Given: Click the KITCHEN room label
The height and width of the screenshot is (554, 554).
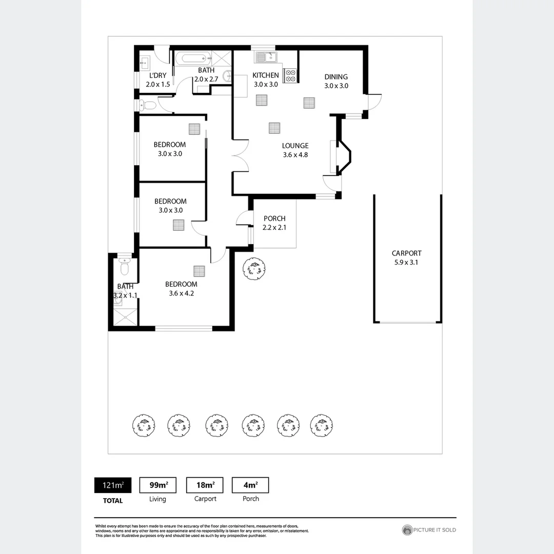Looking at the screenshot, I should point(265,75).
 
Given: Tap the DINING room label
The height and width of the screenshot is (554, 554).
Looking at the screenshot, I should point(336,77).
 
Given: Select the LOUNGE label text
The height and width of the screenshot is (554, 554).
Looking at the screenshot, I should point(295,146).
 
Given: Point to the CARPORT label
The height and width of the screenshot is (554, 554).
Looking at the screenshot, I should point(406,253).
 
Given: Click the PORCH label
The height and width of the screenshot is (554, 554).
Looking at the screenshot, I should point(274,219).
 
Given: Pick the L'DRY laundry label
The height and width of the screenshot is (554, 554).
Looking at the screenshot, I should point(157,75).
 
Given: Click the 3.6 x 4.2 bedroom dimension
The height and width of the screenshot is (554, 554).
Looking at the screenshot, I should point(181,293).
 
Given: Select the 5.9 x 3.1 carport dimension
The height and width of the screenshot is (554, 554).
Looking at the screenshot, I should point(406,263).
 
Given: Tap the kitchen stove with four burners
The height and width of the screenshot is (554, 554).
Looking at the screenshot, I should point(290,75).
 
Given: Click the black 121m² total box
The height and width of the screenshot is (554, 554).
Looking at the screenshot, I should point(112,485).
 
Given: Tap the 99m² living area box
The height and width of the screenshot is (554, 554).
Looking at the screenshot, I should point(157,485).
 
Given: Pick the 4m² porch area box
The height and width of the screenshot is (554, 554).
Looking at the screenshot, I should point(250,485).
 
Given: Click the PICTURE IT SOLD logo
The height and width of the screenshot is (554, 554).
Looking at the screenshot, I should point(429,530).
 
